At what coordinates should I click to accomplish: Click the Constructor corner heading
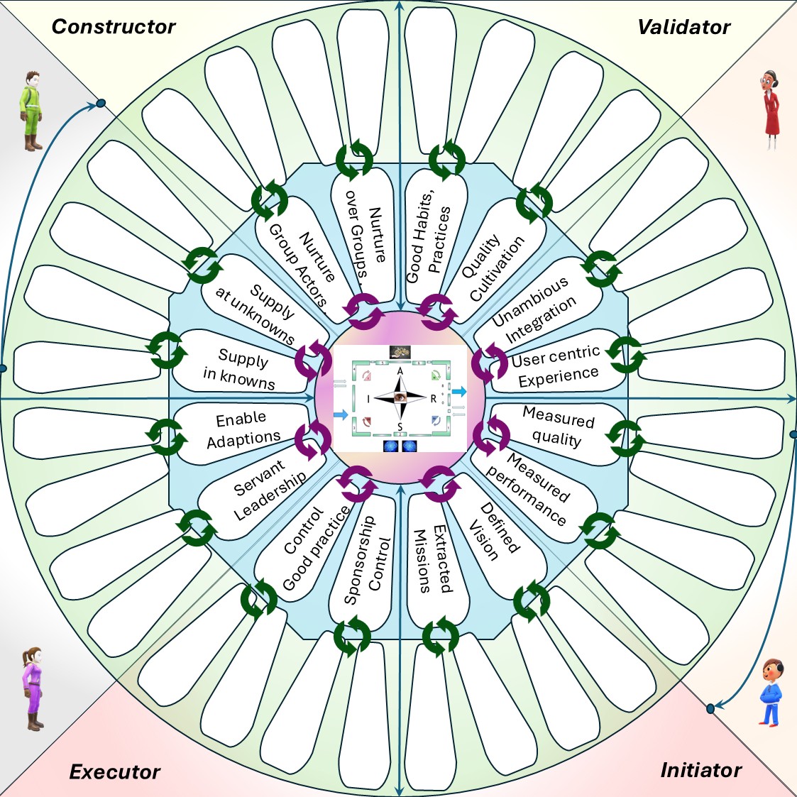click(x=114, y=27)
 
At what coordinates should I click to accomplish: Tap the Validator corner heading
click(x=683, y=28)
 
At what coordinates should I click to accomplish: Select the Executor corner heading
click(x=115, y=772)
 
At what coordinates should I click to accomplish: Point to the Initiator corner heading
click(x=701, y=770)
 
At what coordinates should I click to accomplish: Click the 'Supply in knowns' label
click(x=240, y=369)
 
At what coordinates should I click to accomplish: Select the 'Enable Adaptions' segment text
click(x=242, y=429)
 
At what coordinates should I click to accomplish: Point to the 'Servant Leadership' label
click(x=269, y=490)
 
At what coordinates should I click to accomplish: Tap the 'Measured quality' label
click(x=558, y=427)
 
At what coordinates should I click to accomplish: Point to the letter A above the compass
click(x=400, y=371)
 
